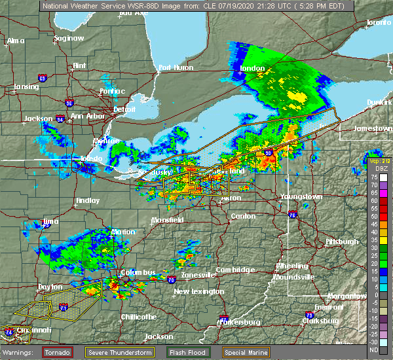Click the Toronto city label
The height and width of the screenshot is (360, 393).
(x=379, y=22)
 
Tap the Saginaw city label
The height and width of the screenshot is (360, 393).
(x=69, y=38)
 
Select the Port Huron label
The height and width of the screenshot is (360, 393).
(x=174, y=67)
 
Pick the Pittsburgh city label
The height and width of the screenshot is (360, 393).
(x=341, y=242)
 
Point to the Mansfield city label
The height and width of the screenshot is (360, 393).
(x=167, y=220)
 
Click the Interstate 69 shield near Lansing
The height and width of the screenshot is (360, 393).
(x=42, y=79)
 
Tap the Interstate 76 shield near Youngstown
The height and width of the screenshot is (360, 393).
(x=292, y=214)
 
